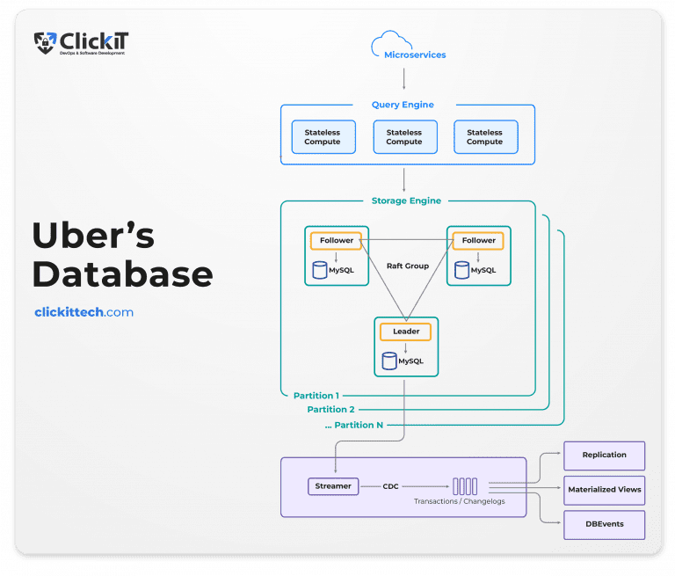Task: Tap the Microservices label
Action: (x=415, y=55)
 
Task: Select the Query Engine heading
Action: (x=403, y=105)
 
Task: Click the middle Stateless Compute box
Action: (x=404, y=137)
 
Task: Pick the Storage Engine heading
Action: (x=407, y=201)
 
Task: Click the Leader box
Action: (x=405, y=332)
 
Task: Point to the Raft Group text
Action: (x=407, y=266)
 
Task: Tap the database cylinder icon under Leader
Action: (x=389, y=361)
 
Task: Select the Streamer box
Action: (x=333, y=485)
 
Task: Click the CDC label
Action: (x=392, y=485)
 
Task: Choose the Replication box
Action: (x=605, y=456)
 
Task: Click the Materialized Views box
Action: (x=605, y=490)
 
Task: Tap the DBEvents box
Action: (x=605, y=524)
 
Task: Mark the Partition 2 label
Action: (x=331, y=410)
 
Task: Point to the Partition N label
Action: (x=353, y=426)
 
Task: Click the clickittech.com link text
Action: (x=83, y=312)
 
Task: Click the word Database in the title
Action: (x=122, y=274)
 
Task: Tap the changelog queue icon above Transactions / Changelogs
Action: (x=465, y=485)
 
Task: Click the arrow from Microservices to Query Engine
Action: (x=403, y=78)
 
